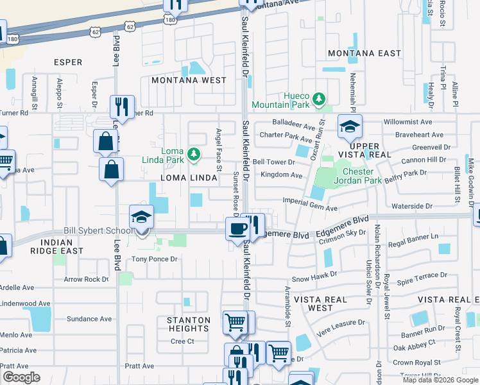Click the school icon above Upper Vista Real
tap(350, 128)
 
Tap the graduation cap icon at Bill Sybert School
tap(142, 218)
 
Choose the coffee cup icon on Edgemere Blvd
tap(237, 229)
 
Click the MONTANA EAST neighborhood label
tap(364, 53)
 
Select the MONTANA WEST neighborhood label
tap(189, 80)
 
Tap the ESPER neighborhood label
tap(69, 62)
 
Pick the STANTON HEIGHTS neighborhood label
tap(188, 324)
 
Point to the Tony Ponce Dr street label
tap(154, 259)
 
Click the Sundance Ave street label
tap(90, 319)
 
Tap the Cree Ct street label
tap(182, 341)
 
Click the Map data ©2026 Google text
tap(440, 380)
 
